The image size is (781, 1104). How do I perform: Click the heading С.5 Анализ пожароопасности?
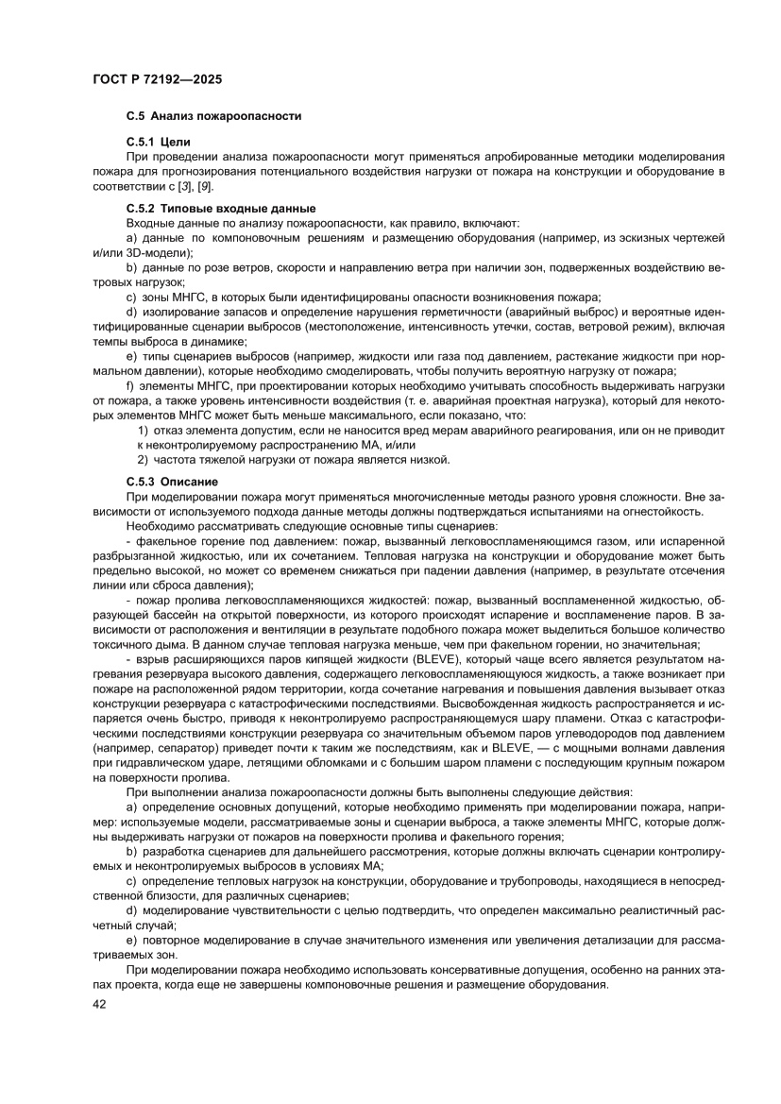(x=213, y=116)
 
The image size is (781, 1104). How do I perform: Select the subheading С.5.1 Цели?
(x=159, y=141)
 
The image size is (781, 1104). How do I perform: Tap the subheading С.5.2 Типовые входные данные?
(x=220, y=207)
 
